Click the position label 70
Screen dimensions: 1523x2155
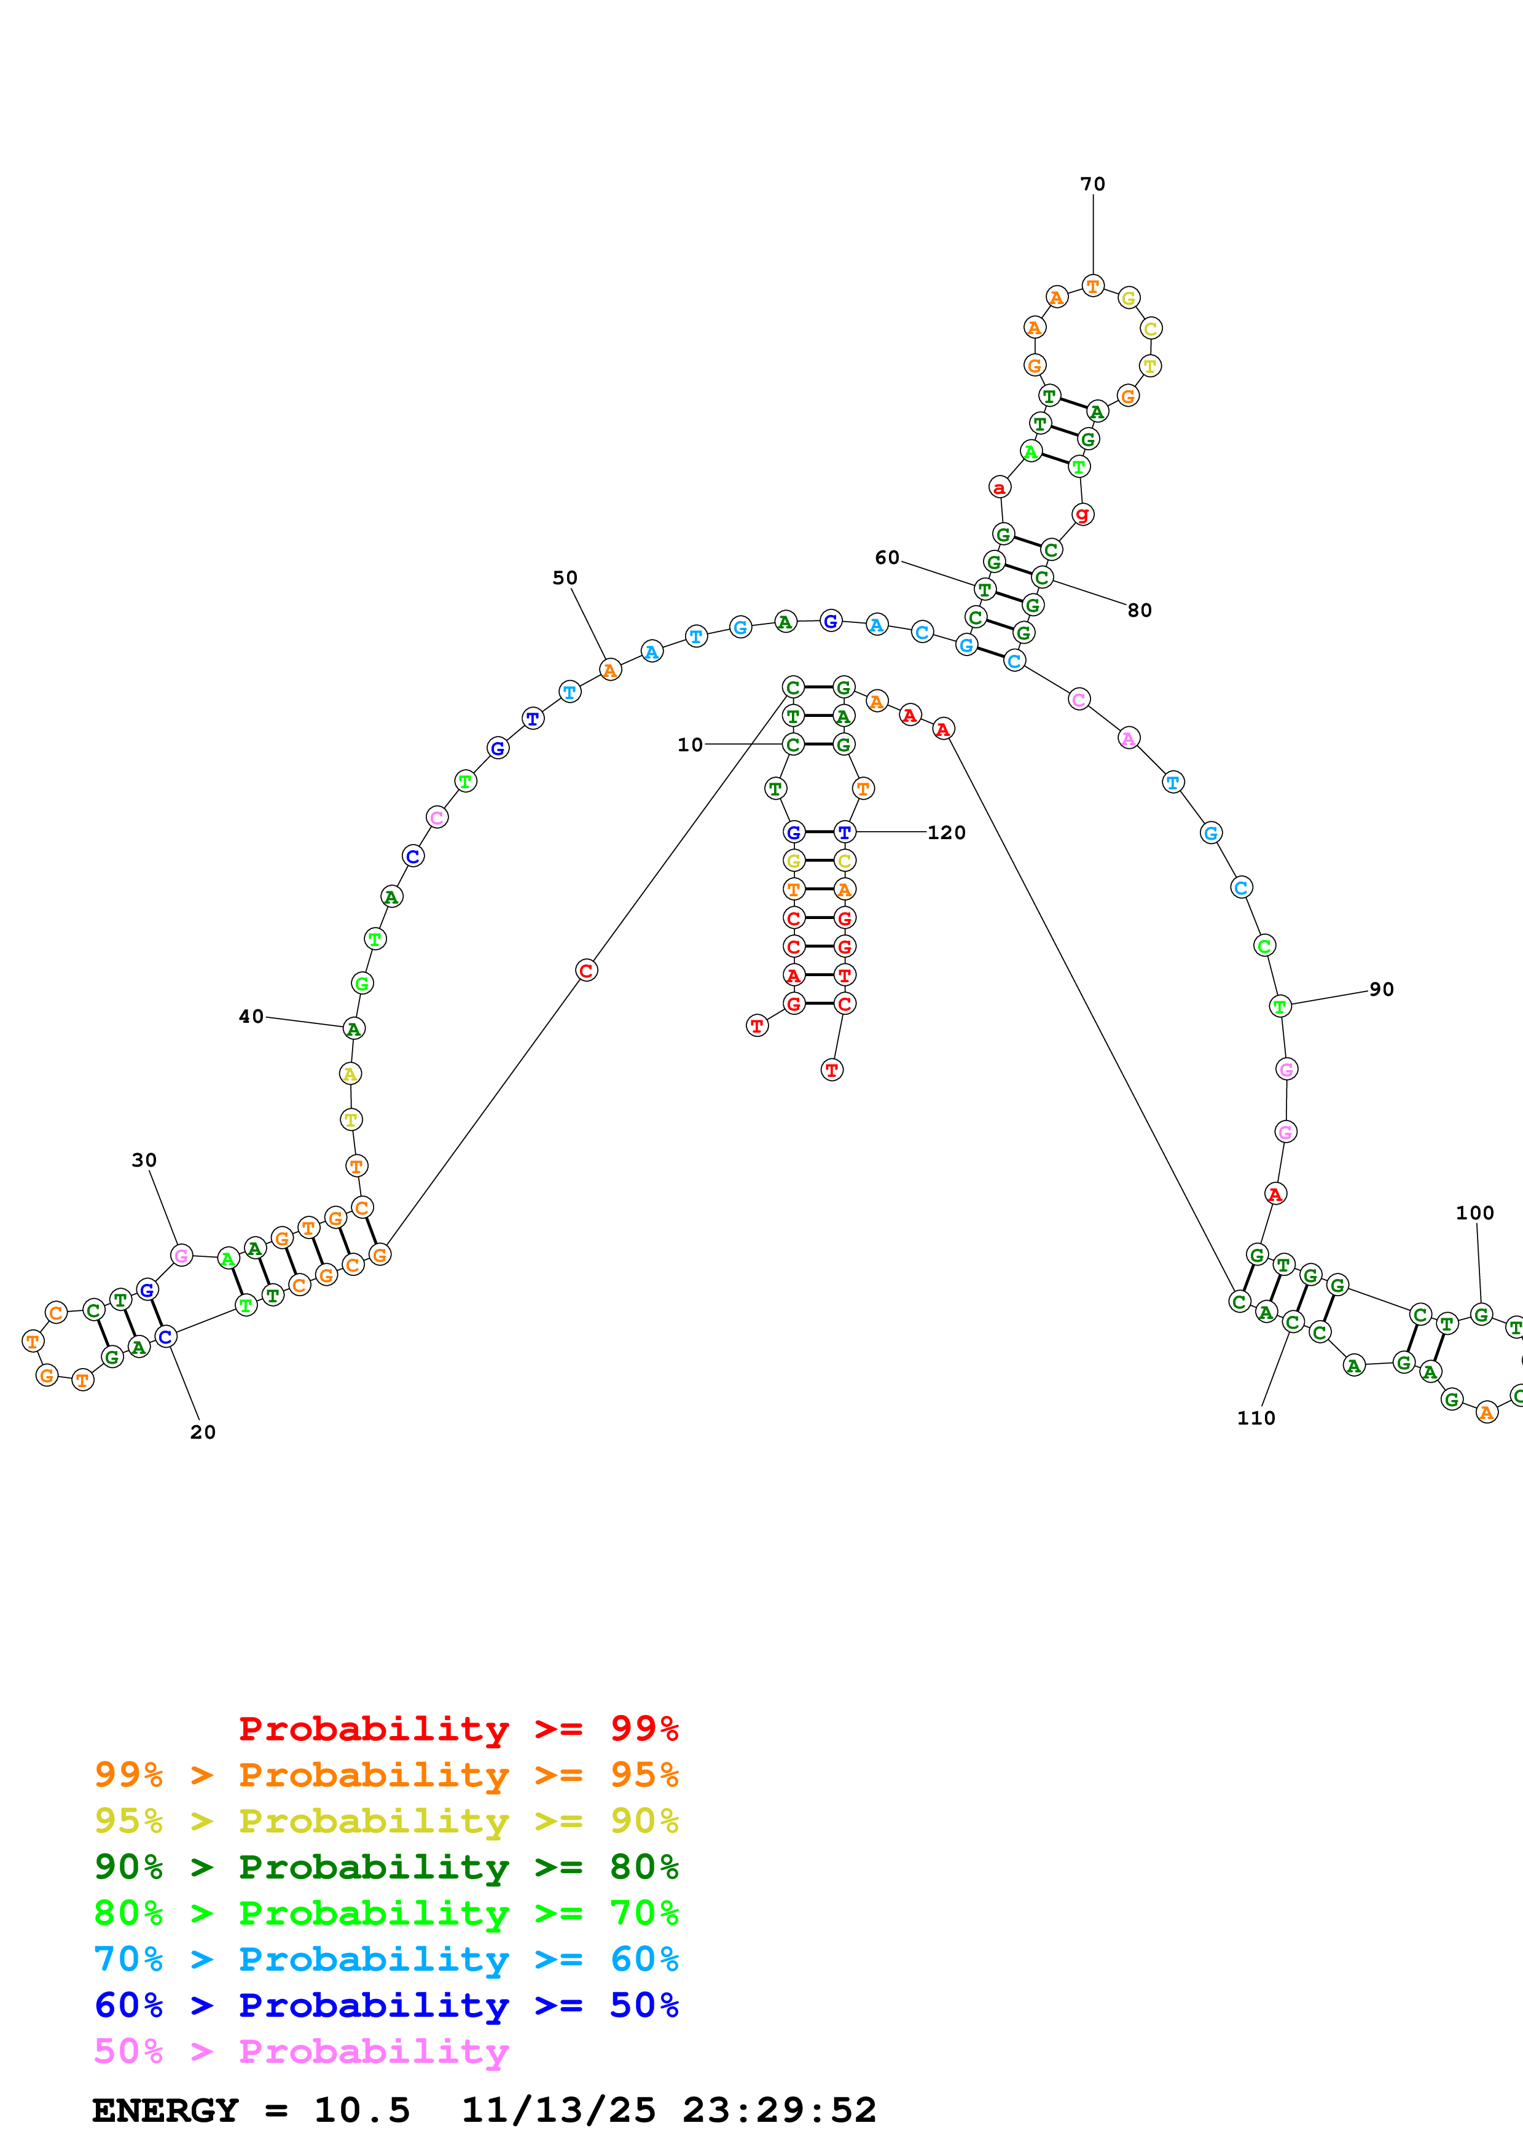point(1092,184)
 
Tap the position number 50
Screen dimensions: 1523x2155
point(565,577)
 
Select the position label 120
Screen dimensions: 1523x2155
point(946,832)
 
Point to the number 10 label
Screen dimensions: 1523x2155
point(690,745)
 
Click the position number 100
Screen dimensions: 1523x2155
point(1474,1213)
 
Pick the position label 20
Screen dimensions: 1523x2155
point(203,1431)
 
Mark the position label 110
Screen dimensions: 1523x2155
point(1256,1417)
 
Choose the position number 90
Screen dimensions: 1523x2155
point(1381,989)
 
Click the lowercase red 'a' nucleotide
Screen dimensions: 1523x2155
point(1000,487)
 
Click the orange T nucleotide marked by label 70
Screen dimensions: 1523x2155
point(1092,285)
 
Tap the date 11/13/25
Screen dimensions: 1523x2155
point(558,2110)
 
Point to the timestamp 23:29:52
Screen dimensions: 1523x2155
point(779,2110)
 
